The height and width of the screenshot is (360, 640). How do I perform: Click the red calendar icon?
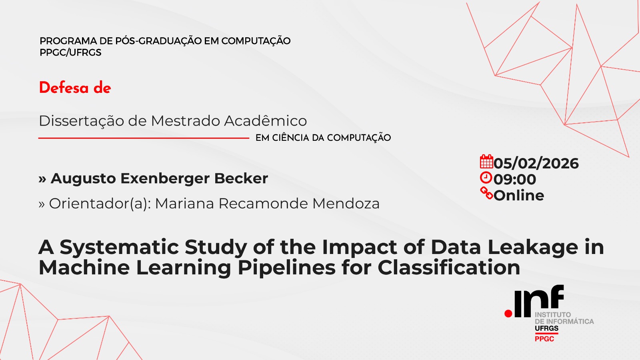click(486, 162)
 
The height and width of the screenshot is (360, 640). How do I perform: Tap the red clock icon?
click(486, 178)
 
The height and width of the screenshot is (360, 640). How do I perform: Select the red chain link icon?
click(486, 193)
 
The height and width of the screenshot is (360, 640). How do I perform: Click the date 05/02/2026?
click(536, 164)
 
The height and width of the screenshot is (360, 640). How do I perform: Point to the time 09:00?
click(515, 180)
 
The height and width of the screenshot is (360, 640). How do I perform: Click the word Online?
click(519, 196)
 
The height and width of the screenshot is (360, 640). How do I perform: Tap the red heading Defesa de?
click(75, 88)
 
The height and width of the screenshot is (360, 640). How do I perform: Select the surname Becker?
click(241, 178)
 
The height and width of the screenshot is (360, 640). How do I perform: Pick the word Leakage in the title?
click(532, 247)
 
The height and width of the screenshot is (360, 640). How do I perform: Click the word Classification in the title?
click(449, 268)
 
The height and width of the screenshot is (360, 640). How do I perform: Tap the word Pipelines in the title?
click(286, 268)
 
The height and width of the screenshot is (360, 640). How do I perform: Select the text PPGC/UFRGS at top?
click(70, 52)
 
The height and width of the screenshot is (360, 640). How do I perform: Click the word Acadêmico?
click(266, 120)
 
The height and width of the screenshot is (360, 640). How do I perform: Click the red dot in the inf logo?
click(508, 314)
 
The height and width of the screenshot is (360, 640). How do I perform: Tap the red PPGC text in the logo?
click(544, 339)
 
